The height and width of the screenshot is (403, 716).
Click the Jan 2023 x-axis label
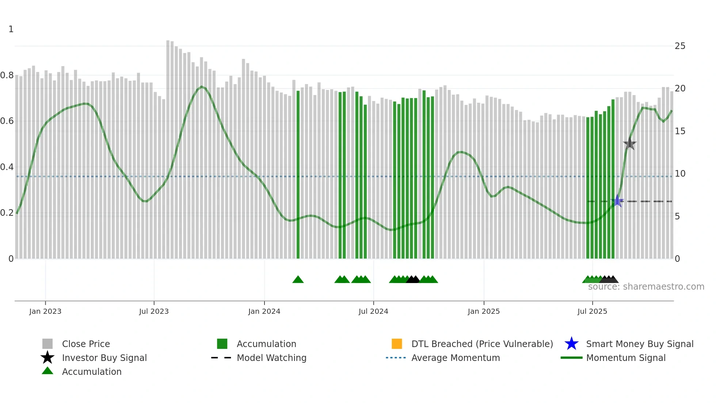tap(45, 311)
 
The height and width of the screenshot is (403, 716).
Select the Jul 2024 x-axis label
tap(373, 311)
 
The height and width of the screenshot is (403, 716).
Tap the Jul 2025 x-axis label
tap(592, 311)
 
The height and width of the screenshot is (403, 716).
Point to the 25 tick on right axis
tap(680, 46)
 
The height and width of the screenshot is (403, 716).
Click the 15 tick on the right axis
tap(680, 131)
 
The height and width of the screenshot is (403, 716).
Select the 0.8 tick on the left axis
tap(7, 76)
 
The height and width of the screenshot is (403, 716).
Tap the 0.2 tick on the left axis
tap(7, 213)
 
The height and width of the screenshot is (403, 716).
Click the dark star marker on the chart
tap(629, 144)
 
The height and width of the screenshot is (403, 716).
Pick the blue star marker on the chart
tap(617, 201)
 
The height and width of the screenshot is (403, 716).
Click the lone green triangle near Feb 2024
tap(298, 280)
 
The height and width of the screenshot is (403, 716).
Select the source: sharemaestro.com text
tap(646, 287)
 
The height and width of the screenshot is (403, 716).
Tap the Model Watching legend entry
tap(271, 358)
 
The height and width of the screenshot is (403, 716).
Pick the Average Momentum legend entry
tap(455, 358)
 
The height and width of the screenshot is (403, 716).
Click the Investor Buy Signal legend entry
tap(104, 358)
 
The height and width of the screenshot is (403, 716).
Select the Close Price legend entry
tap(85, 344)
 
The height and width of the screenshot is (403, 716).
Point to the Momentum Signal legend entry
tap(625, 358)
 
